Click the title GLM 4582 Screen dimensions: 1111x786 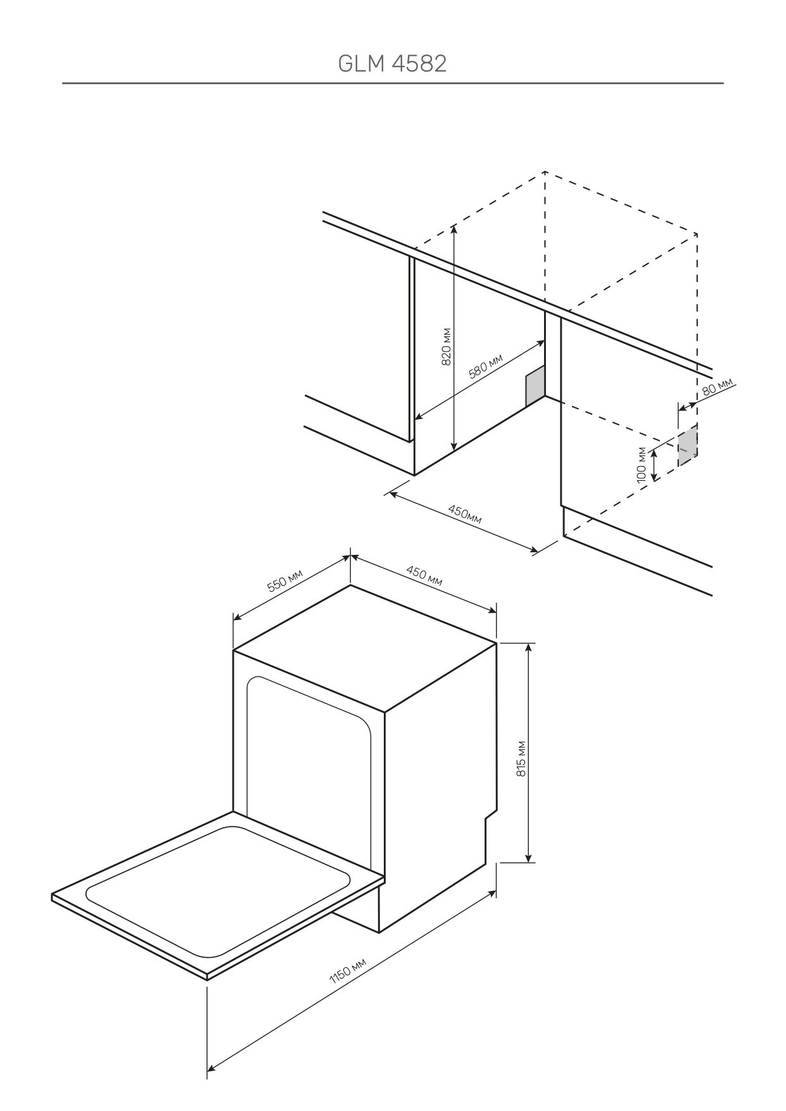coord(392,63)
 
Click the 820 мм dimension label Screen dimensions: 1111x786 coord(446,346)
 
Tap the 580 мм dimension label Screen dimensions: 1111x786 coord(485,367)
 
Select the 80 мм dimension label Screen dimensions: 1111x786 coord(717,387)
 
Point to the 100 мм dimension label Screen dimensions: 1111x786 coord(642,465)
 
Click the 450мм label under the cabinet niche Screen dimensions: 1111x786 coord(464,514)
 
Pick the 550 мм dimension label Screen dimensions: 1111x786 coord(284,581)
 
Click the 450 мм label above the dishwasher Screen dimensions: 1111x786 coord(424,576)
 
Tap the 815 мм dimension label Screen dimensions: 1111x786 coord(521,758)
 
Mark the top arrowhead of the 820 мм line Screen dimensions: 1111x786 coord(454,229)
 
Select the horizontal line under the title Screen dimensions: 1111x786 coord(392,83)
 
